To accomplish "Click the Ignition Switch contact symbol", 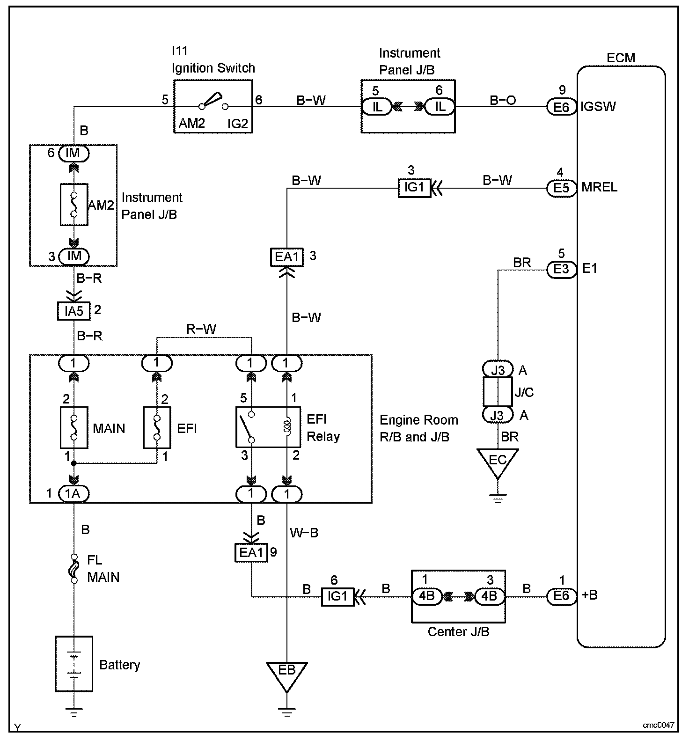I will coord(213,102).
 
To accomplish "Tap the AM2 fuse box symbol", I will coord(74,205).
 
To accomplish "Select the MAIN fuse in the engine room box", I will coord(74,427).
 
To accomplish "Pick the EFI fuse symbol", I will coord(157,427).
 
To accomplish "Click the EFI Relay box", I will coord(268,426).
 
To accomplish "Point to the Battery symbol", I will coord(74,663).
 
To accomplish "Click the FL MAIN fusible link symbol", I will coord(74,568).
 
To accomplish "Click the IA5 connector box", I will coord(73,311).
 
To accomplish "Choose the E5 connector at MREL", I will coord(561,188).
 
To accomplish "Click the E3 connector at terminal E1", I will coord(561,270).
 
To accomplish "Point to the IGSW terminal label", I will coord(598,107).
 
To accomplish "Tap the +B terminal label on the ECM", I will coord(589,595).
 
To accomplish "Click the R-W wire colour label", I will coord(201,330).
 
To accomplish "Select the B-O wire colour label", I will coord(503,100).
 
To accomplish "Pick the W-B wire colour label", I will coord(304,533).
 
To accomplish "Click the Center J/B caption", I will coord(458,632).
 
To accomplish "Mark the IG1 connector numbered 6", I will coord(337,596).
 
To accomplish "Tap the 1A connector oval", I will coord(73,493).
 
